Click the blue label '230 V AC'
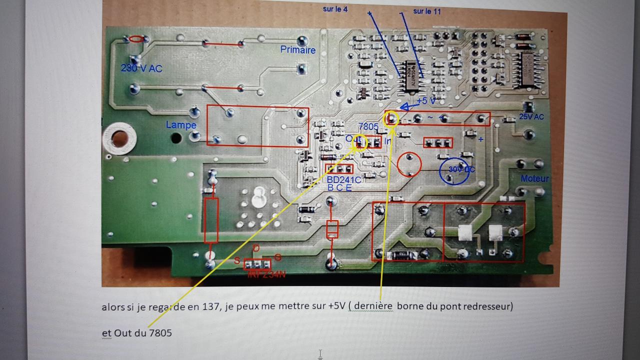pos(141,68)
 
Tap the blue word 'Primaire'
pos(298,50)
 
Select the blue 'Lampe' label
pos(181,125)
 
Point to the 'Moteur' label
pos(534,178)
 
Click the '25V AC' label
pos(531,116)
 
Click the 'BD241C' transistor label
pos(343,179)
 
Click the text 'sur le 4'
pos(335,9)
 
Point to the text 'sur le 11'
pos(427,11)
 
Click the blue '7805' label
pos(368,127)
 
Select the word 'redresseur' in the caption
pos(486,306)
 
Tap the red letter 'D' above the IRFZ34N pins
pos(256,248)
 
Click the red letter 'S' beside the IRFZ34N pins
pos(237,260)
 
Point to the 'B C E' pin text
pos(339,187)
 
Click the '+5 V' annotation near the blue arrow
pos(425,100)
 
